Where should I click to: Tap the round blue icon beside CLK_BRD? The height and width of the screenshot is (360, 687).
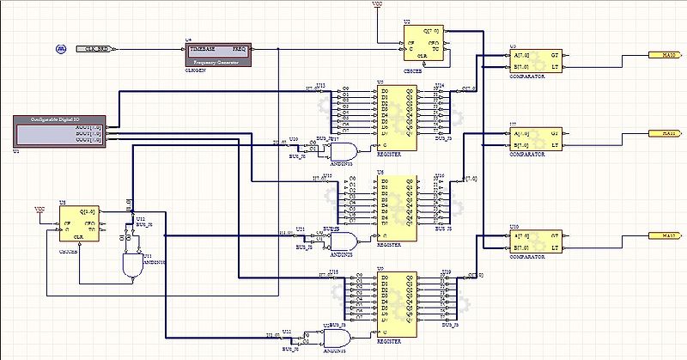pos(61,48)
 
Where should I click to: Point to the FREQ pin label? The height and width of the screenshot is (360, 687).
pos(238,49)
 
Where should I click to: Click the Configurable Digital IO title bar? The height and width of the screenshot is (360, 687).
pos(58,120)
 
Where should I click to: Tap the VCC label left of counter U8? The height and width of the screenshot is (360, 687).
pos(39,209)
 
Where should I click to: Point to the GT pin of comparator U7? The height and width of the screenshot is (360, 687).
pos(554,133)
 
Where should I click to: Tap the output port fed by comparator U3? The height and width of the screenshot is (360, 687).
pos(662,53)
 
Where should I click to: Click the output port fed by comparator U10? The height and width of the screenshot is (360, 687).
pos(662,234)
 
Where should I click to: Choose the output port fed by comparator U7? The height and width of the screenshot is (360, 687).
pos(662,133)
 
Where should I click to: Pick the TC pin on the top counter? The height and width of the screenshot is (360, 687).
pos(435,49)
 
